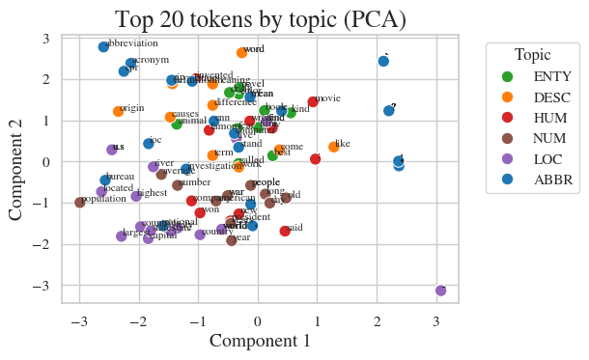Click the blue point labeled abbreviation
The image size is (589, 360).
click(x=103, y=47)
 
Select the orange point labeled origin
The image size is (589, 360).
click(x=118, y=112)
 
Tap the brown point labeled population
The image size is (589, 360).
click(x=79, y=203)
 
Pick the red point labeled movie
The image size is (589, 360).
click(x=313, y=102)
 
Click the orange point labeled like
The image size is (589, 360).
click(x=333, y=148)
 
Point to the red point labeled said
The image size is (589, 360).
click(x=285, y=232)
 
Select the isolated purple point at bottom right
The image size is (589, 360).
click(x=440, y=291)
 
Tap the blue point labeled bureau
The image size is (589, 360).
click(x=105, y=180)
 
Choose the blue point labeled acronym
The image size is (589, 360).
click(x=130, y=64)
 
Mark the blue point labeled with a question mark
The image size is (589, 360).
click(x=388, y=111)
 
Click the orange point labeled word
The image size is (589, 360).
click(x=241, y=53)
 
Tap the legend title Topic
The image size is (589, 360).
click(x=533, y=55)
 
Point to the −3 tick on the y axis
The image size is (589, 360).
click(x=45, y=287)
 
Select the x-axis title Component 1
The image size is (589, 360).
click(x=260, y=341)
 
